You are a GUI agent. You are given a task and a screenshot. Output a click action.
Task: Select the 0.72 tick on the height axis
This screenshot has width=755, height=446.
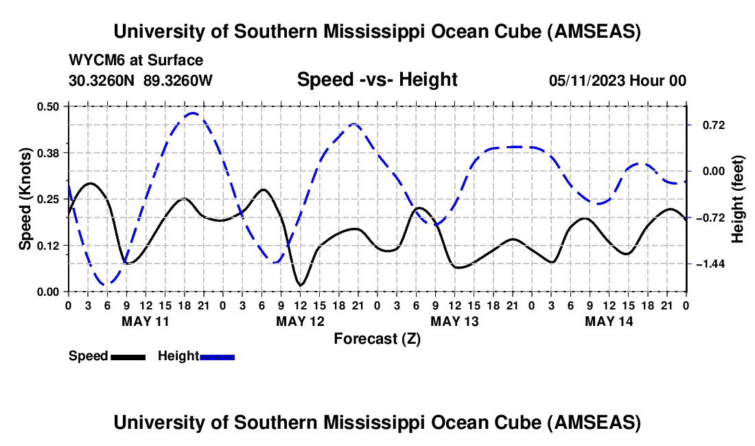click(706, 125)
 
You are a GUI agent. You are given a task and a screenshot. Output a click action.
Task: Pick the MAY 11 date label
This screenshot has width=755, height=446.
click(145, 321)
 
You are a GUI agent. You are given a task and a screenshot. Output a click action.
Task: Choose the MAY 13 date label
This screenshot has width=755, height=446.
click(454, 321)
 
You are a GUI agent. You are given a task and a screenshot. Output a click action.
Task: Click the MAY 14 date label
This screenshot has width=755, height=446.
click(609, 321)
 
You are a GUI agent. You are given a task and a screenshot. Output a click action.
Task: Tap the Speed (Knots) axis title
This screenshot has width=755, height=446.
click(25, 199)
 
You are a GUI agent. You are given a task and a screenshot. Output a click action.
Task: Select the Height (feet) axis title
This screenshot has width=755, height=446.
click(739, 199)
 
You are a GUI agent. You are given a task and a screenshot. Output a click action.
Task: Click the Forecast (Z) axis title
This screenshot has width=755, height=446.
click(377, 338)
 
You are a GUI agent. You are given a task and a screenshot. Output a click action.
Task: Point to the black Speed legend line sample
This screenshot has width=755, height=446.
click(128, 356)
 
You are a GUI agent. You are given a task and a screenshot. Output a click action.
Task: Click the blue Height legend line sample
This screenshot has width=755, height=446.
click(218, 356)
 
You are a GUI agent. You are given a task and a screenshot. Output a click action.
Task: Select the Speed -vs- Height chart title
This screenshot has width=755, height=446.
click(377, 80)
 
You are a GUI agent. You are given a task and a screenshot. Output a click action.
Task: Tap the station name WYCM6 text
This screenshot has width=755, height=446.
click(91, 60)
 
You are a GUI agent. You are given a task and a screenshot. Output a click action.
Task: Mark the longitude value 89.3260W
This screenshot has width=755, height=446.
click(178, 80)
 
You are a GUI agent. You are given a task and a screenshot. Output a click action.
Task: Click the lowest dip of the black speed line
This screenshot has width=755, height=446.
click(300, 285)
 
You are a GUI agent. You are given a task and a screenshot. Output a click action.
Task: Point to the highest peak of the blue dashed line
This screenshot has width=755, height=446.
click(193, 113)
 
